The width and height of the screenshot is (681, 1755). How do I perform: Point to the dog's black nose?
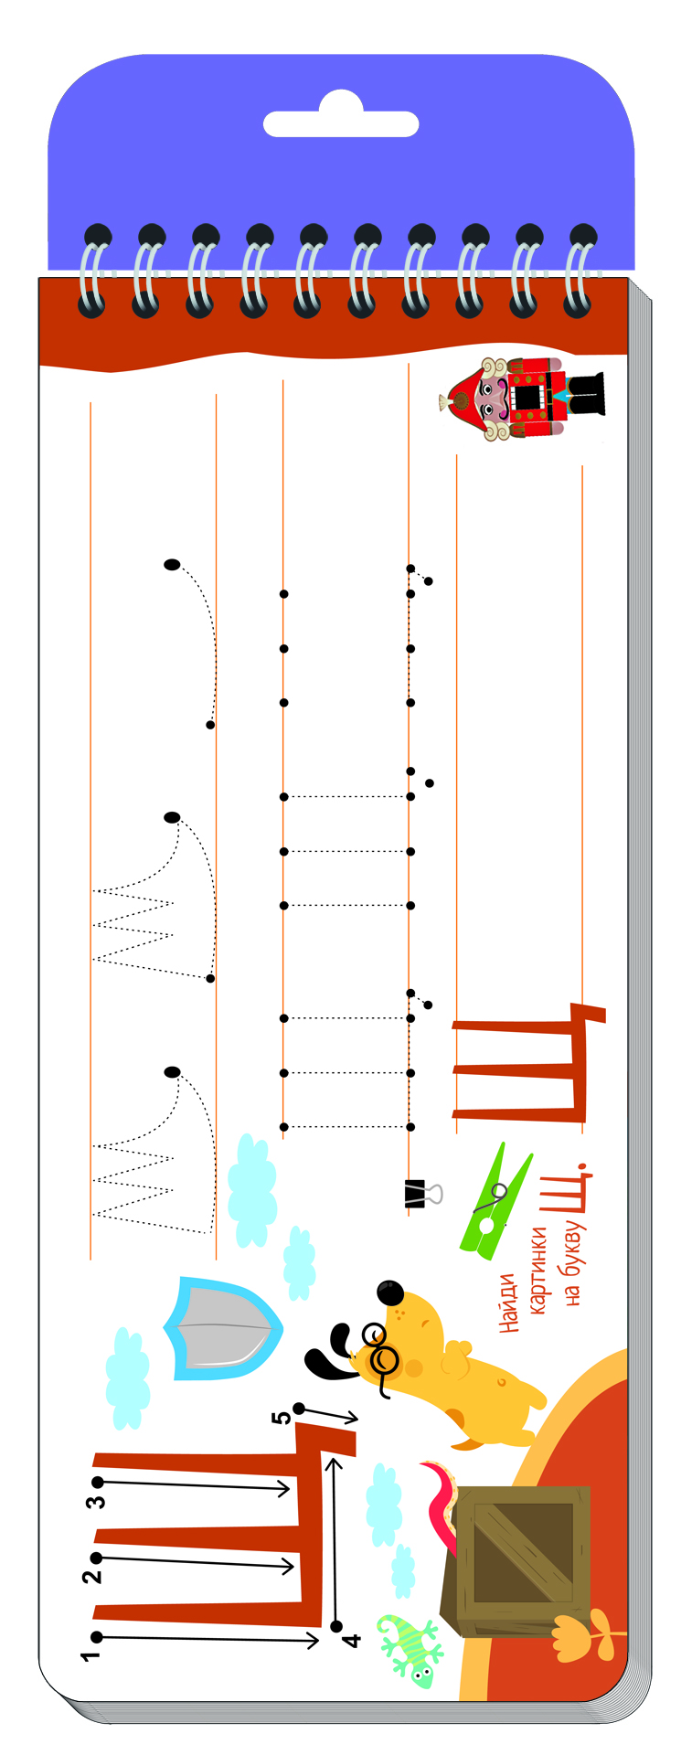click(x=389, y=1293)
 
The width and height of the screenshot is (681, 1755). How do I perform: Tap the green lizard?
click(x=409, y=1648)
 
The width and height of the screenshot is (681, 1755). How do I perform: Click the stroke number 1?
click(x=90, y=1654)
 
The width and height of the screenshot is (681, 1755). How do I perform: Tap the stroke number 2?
click(x=91, y=1576)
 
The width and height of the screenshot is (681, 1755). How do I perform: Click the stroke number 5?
click(x=282, y=1417)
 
